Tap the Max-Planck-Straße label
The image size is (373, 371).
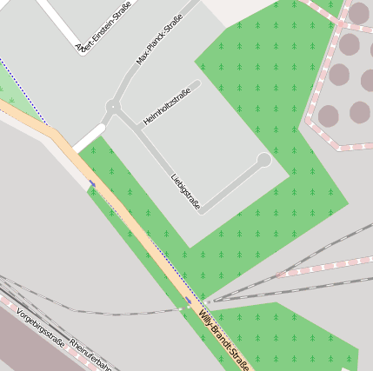click(x=159, y=40)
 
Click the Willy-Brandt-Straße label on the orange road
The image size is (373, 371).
click(x=223, y=340)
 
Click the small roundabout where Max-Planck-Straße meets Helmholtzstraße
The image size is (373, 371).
click(x=112, y=108)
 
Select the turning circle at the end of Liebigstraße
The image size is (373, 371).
click(x=263, y=160)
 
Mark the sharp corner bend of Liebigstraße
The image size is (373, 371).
click(x=202, y=211)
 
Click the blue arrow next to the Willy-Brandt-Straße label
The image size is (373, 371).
click(x=189, y=300)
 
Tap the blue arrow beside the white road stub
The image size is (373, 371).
click(x=92, y=183)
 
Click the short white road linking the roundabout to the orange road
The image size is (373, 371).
click(x=89, y=138)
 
